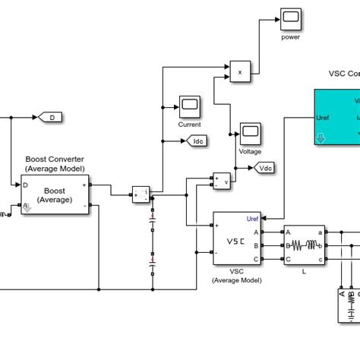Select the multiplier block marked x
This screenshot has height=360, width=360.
tap(240, 72)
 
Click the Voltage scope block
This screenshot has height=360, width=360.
tap(250, 132)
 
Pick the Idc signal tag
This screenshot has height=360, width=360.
tap(197, 141)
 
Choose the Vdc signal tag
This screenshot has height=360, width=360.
tap(266, 168)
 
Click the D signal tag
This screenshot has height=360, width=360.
tap(50, 118)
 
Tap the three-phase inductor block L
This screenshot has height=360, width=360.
tap(305, 245)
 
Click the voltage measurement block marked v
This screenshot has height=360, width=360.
tap(222, 180)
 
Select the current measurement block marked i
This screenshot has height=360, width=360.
tap(141, 194)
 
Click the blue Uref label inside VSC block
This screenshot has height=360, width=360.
tap(253, 219)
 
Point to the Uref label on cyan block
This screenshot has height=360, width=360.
tap(322, 118)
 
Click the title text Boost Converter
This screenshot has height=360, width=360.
tap(54, 159)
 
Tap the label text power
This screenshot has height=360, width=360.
tap(291, 36)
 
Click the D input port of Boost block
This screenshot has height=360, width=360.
tap(26, 185)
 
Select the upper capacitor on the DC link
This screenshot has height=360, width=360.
tap(153, 225)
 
